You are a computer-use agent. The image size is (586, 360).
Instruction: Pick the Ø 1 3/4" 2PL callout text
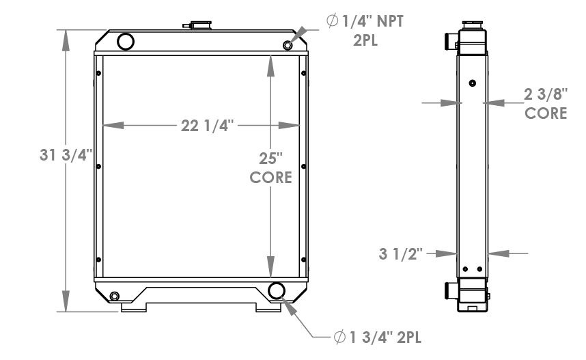(x=375, y=337)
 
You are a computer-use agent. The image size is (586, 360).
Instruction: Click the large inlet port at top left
(x=126, y=41)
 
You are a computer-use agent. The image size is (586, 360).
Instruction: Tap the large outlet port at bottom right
(x=277, y=290)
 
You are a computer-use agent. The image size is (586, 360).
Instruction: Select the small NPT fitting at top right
(x=288, y=45)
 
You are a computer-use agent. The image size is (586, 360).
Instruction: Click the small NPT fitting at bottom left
(x=113, y=296)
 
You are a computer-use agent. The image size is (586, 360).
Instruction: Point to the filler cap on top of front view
(x=197, y=25)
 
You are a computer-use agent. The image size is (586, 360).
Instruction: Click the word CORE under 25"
(x=270, y=178)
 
